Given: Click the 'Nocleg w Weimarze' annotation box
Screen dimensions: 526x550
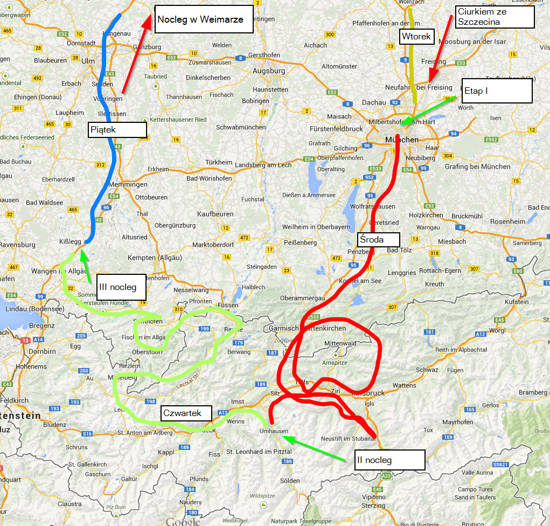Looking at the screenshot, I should tap(204, 19).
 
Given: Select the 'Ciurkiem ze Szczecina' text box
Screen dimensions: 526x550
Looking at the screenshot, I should tap(494, 17).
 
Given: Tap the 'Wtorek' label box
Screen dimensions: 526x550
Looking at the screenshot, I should tap(416, 37).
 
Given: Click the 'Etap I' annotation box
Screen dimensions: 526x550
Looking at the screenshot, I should tap(497, 91).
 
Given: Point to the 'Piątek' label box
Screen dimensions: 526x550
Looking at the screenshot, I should tap(117, 129).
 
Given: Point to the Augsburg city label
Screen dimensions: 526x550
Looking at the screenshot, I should tap(269, 71).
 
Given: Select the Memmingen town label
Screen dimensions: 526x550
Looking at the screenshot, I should tap(128, 184).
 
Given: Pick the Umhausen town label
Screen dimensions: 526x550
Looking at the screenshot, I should tap(274, 431).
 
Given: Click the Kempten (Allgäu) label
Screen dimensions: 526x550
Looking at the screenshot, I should tap(154, 258).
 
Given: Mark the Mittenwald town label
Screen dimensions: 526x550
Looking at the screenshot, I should tap(340, 343).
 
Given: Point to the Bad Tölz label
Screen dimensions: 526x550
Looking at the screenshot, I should tap(399, 250).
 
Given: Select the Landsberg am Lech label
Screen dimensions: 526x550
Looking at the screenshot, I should tap(263, 165).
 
